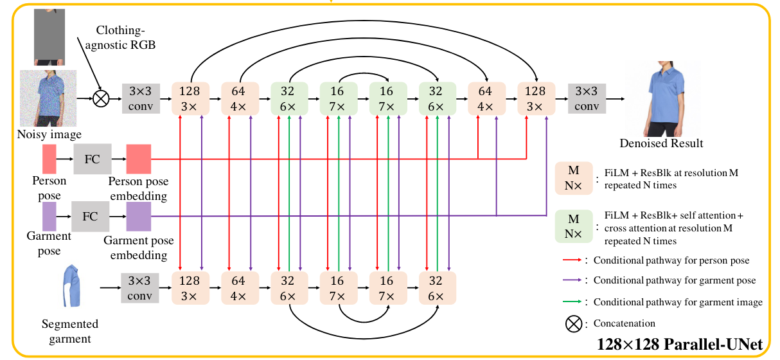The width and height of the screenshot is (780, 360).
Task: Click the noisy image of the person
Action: pos(48,98)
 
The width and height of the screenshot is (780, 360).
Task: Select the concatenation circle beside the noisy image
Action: pos(101,99)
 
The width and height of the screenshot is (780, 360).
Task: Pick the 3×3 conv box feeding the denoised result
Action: pos(586,99)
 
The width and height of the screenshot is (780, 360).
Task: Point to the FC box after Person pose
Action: pos(92,159)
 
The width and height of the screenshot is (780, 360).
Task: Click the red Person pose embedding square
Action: pos(138,159)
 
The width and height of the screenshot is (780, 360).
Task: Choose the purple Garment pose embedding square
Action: pos(138,217)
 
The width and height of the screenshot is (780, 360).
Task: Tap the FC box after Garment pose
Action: pos(90,217)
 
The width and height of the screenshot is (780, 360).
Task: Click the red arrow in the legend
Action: pos(571,260)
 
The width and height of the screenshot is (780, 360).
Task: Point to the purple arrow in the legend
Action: pos(571,280)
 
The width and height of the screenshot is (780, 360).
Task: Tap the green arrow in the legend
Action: pos(571,301)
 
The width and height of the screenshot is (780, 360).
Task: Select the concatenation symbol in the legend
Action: pos(573,324)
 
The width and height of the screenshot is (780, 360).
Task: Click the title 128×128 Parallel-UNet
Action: pos(680,345)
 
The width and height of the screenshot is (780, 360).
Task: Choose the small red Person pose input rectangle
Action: pos(49,159)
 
